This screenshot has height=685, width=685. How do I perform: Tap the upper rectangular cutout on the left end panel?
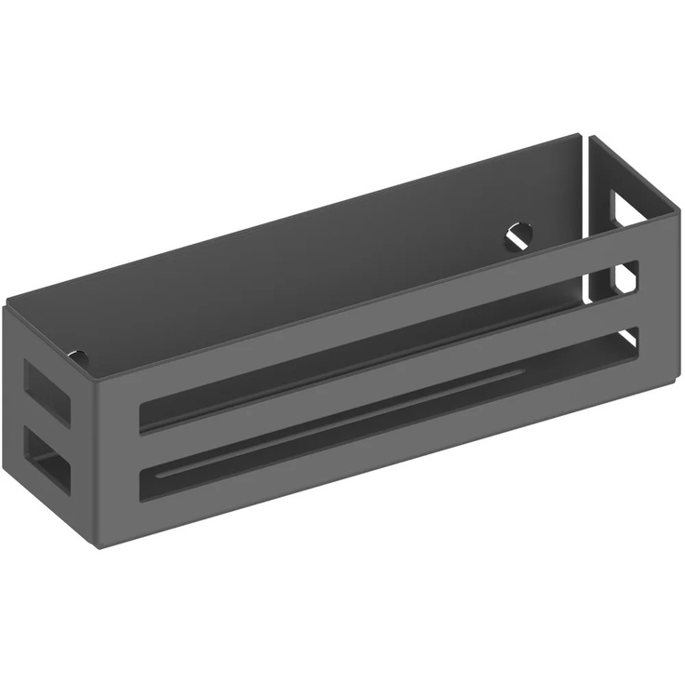tap(45, 392)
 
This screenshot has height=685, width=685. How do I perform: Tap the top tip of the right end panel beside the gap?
tap(590, 137)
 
